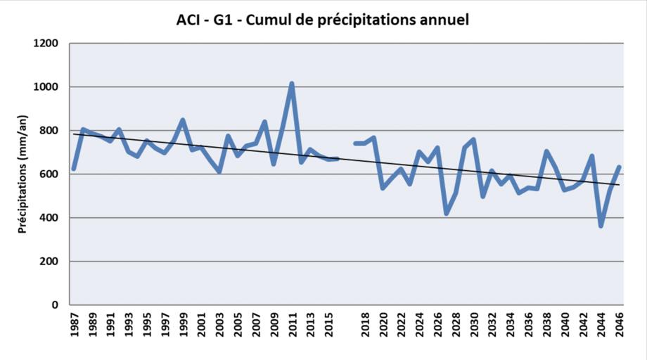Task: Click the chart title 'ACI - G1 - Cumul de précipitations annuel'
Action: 323,20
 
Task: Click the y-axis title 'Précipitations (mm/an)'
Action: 22,174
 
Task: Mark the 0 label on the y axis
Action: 56,305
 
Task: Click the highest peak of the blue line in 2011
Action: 292,84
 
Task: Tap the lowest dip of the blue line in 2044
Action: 601,225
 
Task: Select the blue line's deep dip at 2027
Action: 447,213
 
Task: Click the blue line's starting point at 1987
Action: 74,169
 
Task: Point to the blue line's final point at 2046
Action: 620,167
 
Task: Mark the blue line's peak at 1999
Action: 183,120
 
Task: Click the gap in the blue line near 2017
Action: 347,151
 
